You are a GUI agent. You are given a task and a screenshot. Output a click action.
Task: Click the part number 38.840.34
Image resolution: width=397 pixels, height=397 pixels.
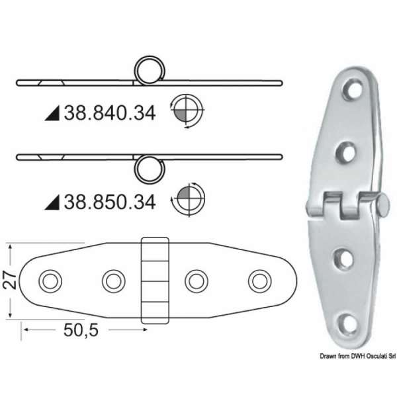pos(109,113)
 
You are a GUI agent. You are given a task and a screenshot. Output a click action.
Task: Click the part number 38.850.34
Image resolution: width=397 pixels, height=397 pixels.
pos(109,201)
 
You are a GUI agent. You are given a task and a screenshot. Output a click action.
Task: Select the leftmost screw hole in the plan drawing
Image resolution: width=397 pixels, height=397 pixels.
pos(49,281)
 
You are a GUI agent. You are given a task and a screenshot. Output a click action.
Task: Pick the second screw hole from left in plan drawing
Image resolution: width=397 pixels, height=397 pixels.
pos(113,281)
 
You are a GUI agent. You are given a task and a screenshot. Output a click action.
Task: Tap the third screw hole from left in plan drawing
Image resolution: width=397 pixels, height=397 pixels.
pos(196,281)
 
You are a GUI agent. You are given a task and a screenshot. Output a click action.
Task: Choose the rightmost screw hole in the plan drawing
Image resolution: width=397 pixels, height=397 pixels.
pos(259,281)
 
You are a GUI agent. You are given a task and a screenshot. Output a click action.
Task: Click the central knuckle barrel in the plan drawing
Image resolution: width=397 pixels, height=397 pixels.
pos(155,281)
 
